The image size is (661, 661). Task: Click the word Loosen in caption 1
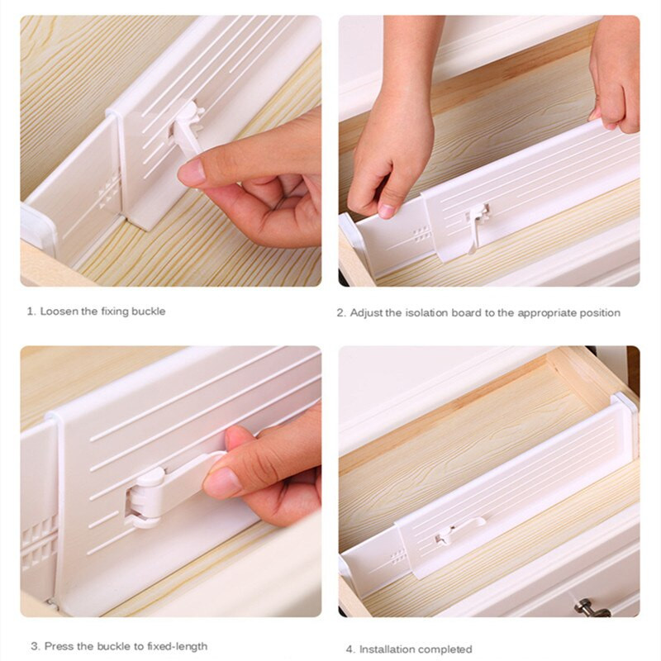[59, 311]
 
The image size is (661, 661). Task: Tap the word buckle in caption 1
[148, 311]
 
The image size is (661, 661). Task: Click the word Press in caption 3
[59, 646]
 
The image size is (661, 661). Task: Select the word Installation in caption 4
[384, 649]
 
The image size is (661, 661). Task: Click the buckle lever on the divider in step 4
[459, 530]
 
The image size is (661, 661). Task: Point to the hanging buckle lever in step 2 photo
[477, 228]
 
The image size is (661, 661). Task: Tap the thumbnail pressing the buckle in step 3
[219, 483]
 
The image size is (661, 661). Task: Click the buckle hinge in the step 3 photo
[145, 497]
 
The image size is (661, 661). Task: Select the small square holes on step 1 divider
[109, 194]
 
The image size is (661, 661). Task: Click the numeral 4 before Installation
[350, 649]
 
